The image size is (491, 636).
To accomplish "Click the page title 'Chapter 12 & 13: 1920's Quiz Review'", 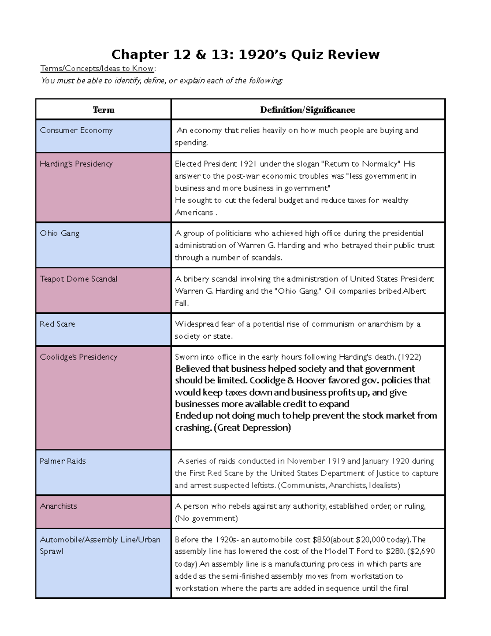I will tap(245, 54).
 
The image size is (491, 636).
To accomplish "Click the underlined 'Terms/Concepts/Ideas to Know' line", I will tap(97, 68).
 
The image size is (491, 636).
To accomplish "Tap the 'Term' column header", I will tap(104, 110).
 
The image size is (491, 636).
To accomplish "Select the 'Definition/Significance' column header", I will tap(307, 110).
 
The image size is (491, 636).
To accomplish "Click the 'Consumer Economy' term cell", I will tap(76, 131).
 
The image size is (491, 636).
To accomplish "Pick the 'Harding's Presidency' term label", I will tap(76, 164).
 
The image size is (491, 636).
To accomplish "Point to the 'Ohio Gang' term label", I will tap(60, 233).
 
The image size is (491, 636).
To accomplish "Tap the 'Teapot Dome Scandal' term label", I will tap(79, 279).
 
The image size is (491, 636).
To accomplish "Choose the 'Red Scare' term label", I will tap(57, 324).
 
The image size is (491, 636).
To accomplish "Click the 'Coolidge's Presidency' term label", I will tap(79, 357).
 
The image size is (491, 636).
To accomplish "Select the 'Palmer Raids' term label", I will tap(63, 461).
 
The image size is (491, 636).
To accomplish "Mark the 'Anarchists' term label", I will tap(59, 506).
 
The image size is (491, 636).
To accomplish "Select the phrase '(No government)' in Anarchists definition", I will tap(206, 518).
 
